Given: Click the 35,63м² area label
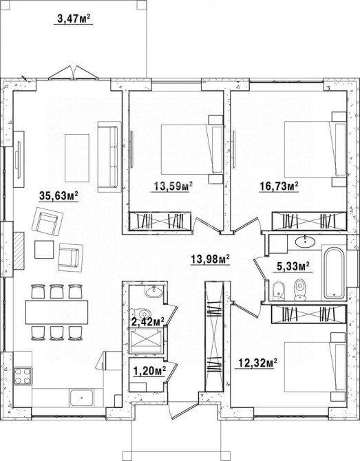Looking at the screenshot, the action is click(59, 196).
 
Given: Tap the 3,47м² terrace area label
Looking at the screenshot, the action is click(74, 19).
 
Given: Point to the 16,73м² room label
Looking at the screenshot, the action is click(279, 186).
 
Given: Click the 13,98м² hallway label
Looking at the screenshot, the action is click(210, 259).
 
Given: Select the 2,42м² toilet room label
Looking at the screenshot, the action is click(147, 321).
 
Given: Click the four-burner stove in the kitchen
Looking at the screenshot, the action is click(23, 376).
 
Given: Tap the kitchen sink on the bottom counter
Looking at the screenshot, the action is click(81, 398).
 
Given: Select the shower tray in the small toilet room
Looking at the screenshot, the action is click(146, 341).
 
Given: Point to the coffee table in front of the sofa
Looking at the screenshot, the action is click(77, 158).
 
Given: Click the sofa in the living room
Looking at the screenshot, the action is click(109, 157).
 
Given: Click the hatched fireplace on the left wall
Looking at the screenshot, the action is click(19, 250).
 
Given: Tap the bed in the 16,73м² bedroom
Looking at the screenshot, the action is click(315, 149).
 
